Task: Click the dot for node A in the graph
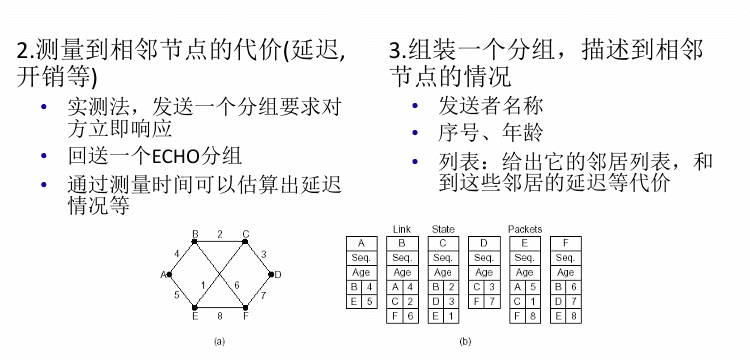169,274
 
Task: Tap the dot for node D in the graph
271,274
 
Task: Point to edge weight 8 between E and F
220,315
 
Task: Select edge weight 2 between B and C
220,234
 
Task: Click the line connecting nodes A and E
182,291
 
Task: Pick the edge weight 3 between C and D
263,253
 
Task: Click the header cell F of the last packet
566,243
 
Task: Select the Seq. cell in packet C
443,258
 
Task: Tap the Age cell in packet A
361,273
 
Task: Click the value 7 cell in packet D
491,302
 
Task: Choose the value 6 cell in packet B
409,316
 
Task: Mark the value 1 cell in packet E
532,302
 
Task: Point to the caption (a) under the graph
219,341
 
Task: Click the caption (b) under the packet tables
465,341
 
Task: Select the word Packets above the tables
525,229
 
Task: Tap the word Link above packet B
401,229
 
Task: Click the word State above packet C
443,229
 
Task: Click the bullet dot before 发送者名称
415,106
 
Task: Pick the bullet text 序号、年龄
490,133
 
